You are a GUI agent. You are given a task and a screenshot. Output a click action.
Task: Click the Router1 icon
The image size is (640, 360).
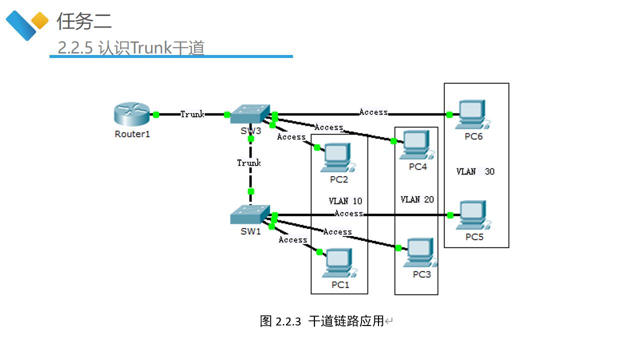(x=131, y=114)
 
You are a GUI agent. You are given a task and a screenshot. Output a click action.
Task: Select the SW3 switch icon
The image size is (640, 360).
(x=250, y=114)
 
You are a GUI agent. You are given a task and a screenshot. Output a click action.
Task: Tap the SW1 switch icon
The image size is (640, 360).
(x=250, y=214)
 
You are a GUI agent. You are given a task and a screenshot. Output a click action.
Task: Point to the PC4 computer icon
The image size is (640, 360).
(x=416, y=145)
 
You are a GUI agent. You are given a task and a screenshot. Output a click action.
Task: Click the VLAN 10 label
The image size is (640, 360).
(x=345, y=201)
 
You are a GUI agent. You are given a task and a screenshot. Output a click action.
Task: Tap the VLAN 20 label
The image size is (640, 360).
(x=417, y=199)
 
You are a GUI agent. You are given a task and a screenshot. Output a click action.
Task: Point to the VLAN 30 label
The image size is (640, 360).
(x=475, y=171)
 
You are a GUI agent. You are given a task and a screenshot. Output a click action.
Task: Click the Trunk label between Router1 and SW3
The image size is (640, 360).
(x=192, y=114)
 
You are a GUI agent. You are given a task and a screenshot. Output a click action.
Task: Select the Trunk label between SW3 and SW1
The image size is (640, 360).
(x=249, y=163)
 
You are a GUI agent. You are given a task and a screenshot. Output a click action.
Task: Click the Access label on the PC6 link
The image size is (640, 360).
(x=373, y=112)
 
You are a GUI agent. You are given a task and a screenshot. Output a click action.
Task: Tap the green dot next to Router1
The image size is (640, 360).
(x=156, y=114)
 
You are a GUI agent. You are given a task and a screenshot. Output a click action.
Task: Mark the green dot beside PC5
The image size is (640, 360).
(x=450, y=215)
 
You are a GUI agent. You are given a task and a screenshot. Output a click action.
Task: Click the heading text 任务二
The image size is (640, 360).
(x=84, y=21)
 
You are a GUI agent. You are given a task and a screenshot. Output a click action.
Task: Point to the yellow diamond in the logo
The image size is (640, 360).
(x=40, y=21)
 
